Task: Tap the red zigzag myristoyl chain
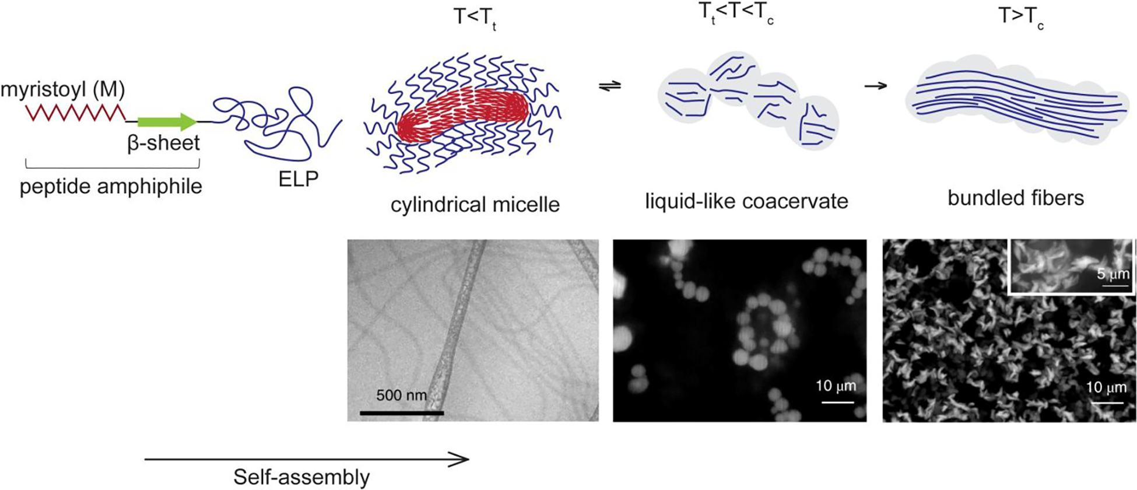coord(75,113)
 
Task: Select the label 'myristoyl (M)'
coord(63,90)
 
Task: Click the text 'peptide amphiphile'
coord(111,187)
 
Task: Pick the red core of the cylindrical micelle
coord(464,114)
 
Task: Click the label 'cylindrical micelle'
coord(475,205)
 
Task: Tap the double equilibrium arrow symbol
coord(610,86)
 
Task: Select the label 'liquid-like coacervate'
coord(746,201)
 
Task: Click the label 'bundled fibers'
coord(1016,198)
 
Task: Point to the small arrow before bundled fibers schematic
coord(875,86)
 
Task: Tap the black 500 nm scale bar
coord(402,413)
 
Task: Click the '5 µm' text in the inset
coord(1113,272)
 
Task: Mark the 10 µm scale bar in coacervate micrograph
coord(837,402)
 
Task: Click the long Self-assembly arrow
coord(307,460)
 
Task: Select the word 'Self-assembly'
coord(301,477)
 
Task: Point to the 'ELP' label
coord(299,179)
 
